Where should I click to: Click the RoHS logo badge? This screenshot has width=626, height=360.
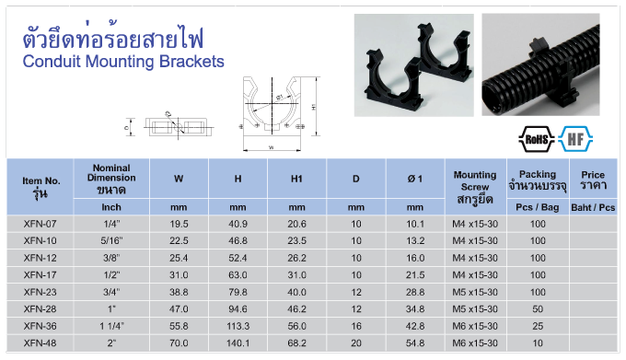(x=537, y=139)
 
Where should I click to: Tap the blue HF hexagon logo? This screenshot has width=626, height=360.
(x=575, y=139)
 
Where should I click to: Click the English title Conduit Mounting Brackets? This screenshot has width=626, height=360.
(x=123, y=62)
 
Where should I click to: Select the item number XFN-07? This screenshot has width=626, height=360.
(x=40, y=224)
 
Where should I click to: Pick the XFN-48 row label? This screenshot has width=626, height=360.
(x=40, y=343)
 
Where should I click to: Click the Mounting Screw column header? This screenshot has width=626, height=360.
(x=475, y=187)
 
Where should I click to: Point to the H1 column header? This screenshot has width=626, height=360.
(x=296, y=179)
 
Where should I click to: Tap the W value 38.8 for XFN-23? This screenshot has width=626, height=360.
(x=179, y=292)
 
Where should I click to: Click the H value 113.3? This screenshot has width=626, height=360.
(x=238, y=326)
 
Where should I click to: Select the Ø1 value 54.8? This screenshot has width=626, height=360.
(x=415, y=343)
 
